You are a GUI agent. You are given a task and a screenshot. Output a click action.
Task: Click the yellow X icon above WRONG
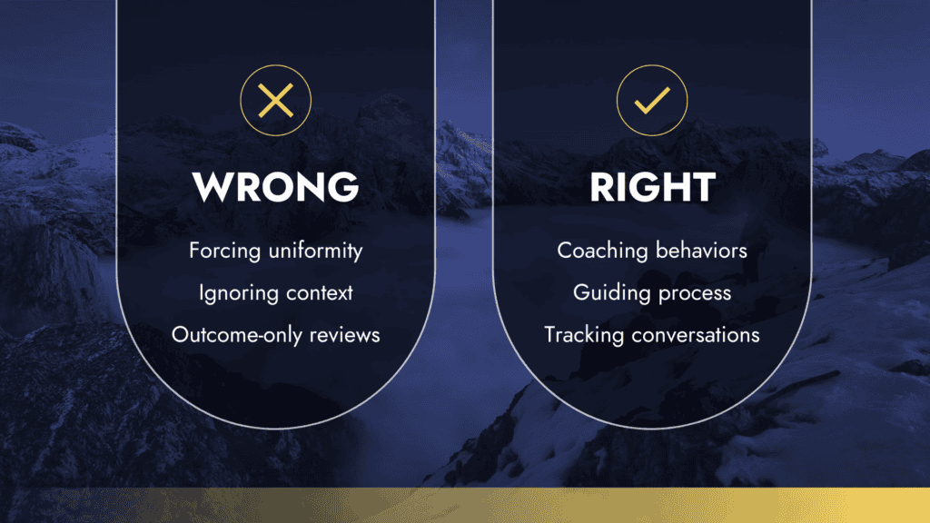pyautogui.click(x=276, y=100)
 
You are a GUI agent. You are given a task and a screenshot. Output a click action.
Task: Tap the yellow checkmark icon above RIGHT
pyautogui.click(x=652, y=100)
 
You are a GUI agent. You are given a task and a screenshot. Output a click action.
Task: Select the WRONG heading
pyautogui.click(x=276, y=187)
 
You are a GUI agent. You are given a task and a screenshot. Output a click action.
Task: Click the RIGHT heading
pyautogui.click(x=652, y=187)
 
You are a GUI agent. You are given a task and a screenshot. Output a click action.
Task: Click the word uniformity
pyautogui.click(x=315, y=251)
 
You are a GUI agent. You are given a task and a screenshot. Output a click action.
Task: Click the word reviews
pyautogui.click(x=344, y=335)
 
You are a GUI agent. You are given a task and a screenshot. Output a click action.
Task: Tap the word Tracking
pyautogui.click(x=584, y=335)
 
